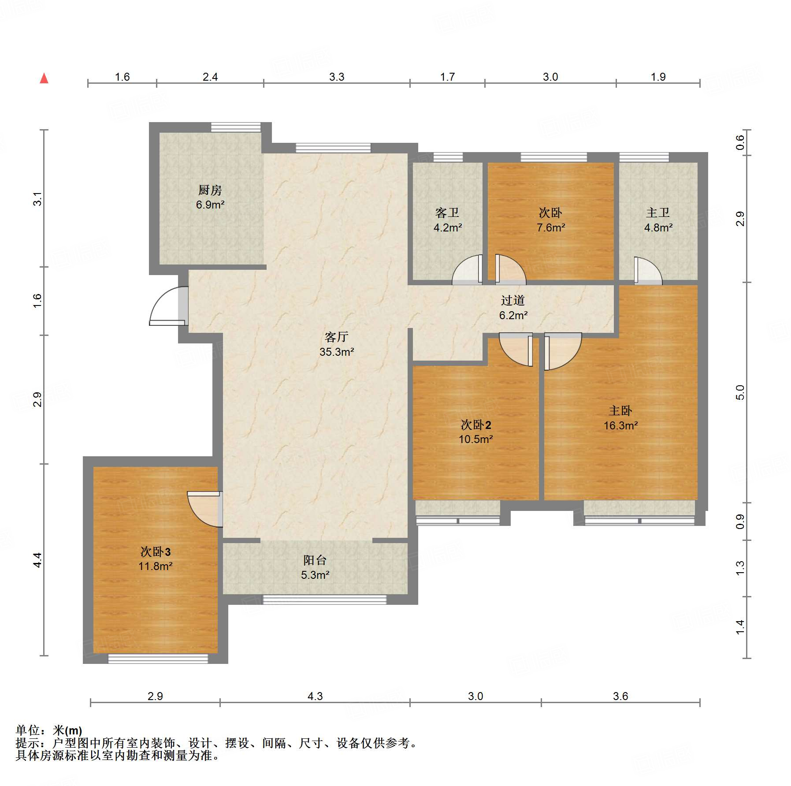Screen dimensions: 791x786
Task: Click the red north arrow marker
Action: (x=44, y=78)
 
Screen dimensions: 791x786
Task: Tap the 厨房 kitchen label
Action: (x=210, y=190)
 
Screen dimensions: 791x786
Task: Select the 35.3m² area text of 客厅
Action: (x=337, y=352)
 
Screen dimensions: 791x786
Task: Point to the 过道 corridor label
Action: (x=513, y=300)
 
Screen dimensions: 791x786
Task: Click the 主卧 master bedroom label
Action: (x=620, y=411)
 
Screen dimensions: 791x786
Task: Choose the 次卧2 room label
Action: (x=476, y=425)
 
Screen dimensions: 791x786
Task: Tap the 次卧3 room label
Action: (x=156, y=551)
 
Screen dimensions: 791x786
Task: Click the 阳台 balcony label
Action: (x=315, y=560)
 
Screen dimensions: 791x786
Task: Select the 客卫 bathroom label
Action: (x=447, y=213)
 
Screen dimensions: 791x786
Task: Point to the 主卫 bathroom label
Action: (x=658, y=213)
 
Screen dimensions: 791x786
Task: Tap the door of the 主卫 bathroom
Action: (x=648, y=270)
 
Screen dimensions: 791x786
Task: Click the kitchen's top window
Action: (x=236, y=127)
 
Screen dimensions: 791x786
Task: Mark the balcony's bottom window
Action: (x=325, y=600)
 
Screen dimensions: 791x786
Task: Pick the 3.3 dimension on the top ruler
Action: (x=337, y=77)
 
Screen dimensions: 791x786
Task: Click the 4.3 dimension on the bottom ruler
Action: (x=315, y=696)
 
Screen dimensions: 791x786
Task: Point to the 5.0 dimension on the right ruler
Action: (x=740, y=392)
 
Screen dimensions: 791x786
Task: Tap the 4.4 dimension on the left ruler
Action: (x=37, y=560)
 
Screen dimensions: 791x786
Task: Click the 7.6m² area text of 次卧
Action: (x=551, y=227)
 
